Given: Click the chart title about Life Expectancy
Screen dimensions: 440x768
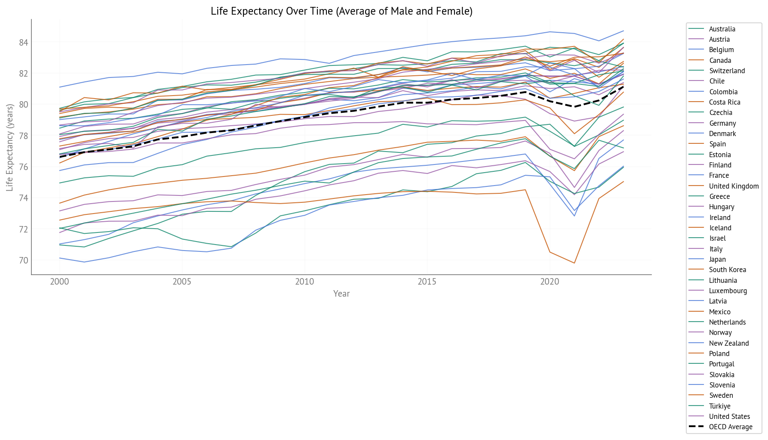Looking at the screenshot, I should [x=341, y=11].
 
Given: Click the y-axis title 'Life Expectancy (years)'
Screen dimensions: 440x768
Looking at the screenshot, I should [x=9, y=147].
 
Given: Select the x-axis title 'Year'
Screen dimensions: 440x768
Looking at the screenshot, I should [x=341, y=294].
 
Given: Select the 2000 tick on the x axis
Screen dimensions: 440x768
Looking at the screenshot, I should [x=59, y=282].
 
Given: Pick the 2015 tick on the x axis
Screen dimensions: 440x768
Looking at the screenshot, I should [x=427, y=282].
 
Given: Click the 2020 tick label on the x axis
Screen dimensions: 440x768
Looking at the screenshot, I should [x=550, y=282].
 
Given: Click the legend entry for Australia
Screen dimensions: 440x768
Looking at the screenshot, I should [x=722, y=29].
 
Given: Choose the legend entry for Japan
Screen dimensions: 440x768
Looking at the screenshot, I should [x=717, y=260].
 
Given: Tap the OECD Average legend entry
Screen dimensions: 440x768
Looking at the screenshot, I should [x=731, y=427].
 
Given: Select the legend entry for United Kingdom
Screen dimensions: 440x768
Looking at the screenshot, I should [x=734, y=186].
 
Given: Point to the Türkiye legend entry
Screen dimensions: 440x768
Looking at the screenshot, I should [x=719, y=406].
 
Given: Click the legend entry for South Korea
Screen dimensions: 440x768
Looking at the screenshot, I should [x=727, y=270].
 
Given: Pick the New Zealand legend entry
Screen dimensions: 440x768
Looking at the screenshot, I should [x=729, y=344].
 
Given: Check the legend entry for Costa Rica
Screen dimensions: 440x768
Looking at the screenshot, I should [x=725, y=102].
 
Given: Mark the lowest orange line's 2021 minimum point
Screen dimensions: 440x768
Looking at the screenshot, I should [x=574, y=263].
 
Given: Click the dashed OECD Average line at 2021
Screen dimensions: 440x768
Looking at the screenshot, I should [x=574, y=107].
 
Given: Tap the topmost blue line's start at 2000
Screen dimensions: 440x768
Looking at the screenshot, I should [x=59, y=87].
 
